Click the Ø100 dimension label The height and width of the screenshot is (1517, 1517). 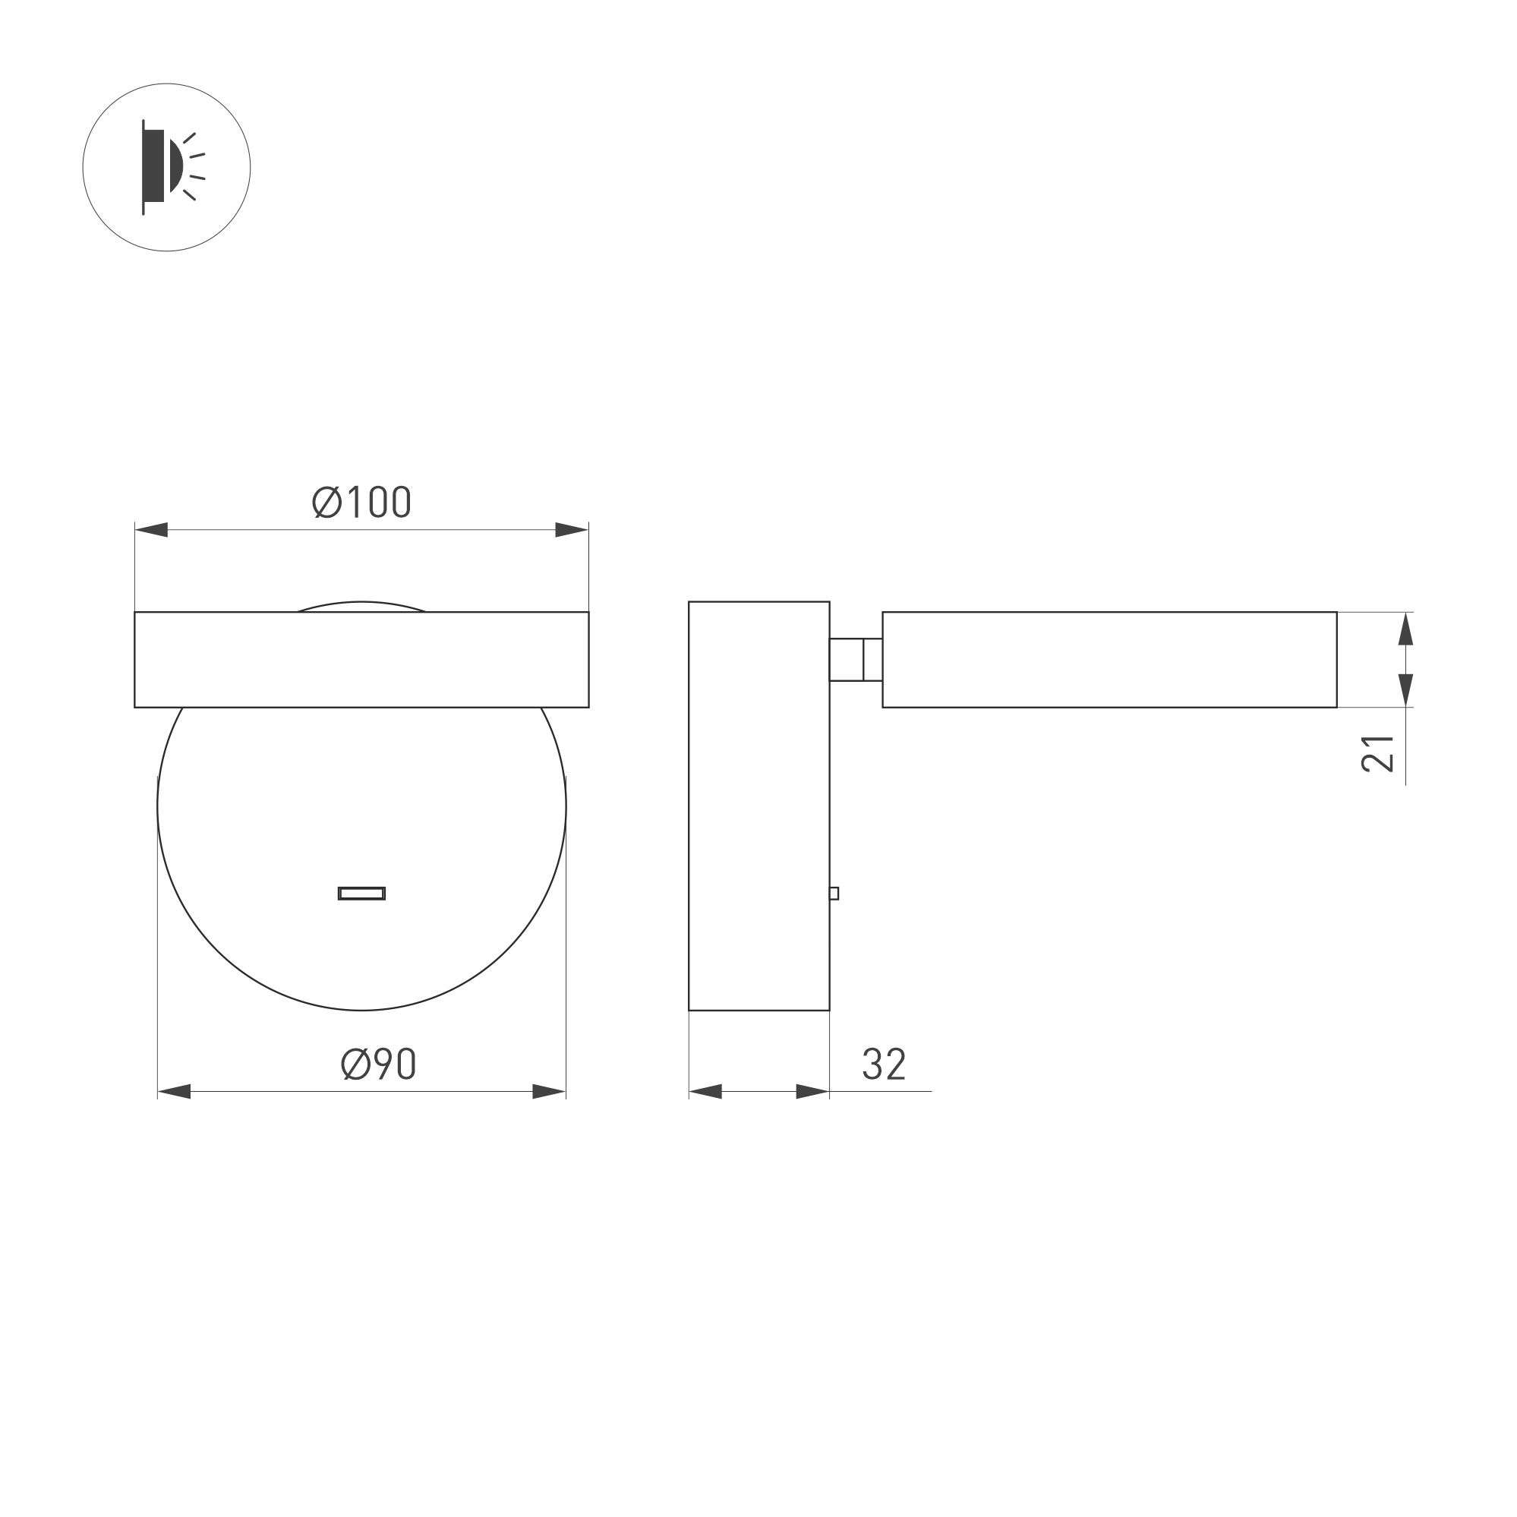pyautogui.click(x=361, y=502)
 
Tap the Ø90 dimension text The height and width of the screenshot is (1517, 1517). pyautogui.click(x=378, y=1064)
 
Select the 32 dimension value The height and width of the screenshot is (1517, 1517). pyautogui.click(x=884, y=1064)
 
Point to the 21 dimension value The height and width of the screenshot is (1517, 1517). pyautogui.click(x=1378, y=753)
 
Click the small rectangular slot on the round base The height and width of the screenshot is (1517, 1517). pyautogui.click(x=361, y=893)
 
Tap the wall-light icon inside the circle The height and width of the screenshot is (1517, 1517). pyautogui.click(x=168, y=166)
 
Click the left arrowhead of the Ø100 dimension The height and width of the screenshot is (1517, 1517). pyautogui.click(x=151, y=530)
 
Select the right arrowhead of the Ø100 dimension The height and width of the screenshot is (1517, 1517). pyautogui.click(x=572, y=530)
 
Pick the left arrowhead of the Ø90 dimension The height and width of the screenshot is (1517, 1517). pyautogui.click(x=175, y=1091)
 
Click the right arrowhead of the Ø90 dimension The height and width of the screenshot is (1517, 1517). pyautogui.click(x=549, y=1091)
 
